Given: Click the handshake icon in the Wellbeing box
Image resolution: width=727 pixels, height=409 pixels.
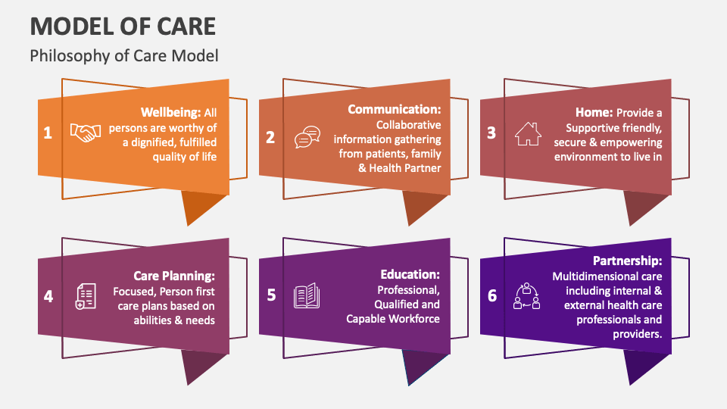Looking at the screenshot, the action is tap(86, 133).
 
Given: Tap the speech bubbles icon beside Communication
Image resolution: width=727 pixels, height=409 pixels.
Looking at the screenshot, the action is tap(307, 137).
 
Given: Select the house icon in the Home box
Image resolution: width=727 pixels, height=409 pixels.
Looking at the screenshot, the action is tap(528, 133).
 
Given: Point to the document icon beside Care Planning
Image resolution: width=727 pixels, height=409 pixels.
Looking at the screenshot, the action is tap(86, 296).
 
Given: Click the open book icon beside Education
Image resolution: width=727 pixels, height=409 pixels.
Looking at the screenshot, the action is tap(307, 295).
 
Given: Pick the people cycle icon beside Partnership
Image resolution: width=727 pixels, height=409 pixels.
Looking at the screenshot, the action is tap(527, 296).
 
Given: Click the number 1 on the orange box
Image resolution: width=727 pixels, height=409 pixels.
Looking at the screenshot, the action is tap(48, 133).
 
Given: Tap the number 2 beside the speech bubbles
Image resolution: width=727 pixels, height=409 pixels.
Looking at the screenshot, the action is tap(270, 137).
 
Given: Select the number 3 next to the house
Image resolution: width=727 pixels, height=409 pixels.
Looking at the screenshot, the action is tap(491, 133).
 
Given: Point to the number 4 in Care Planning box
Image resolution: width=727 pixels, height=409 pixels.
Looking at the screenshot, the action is tap(48, 296).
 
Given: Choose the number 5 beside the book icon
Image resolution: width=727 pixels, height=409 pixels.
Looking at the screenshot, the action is tap(272, 295).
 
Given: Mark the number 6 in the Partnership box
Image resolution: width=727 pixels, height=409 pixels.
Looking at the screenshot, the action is tap(492, 295).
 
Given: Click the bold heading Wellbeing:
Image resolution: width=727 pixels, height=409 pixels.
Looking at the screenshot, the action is tap(171, 113).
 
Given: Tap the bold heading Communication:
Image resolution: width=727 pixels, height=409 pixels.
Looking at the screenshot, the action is tap(395, 109).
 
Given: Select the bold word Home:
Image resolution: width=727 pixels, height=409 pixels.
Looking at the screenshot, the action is tap(594, 112).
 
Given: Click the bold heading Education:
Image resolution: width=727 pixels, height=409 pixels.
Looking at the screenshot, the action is tap(410, 274).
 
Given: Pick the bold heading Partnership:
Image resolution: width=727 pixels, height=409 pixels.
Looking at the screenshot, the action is tap(628, 261).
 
